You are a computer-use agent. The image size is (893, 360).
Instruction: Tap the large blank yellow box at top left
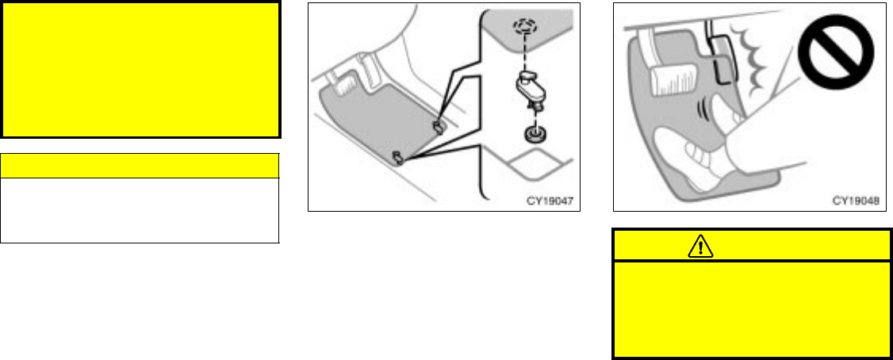click(x=141, y=69)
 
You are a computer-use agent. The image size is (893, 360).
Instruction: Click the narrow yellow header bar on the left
click(x=140, y=166)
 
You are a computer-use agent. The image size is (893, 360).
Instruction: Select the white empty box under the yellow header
click(x=140, y=209)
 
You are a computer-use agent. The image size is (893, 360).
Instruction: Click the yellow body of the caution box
click(x=751, y=309)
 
